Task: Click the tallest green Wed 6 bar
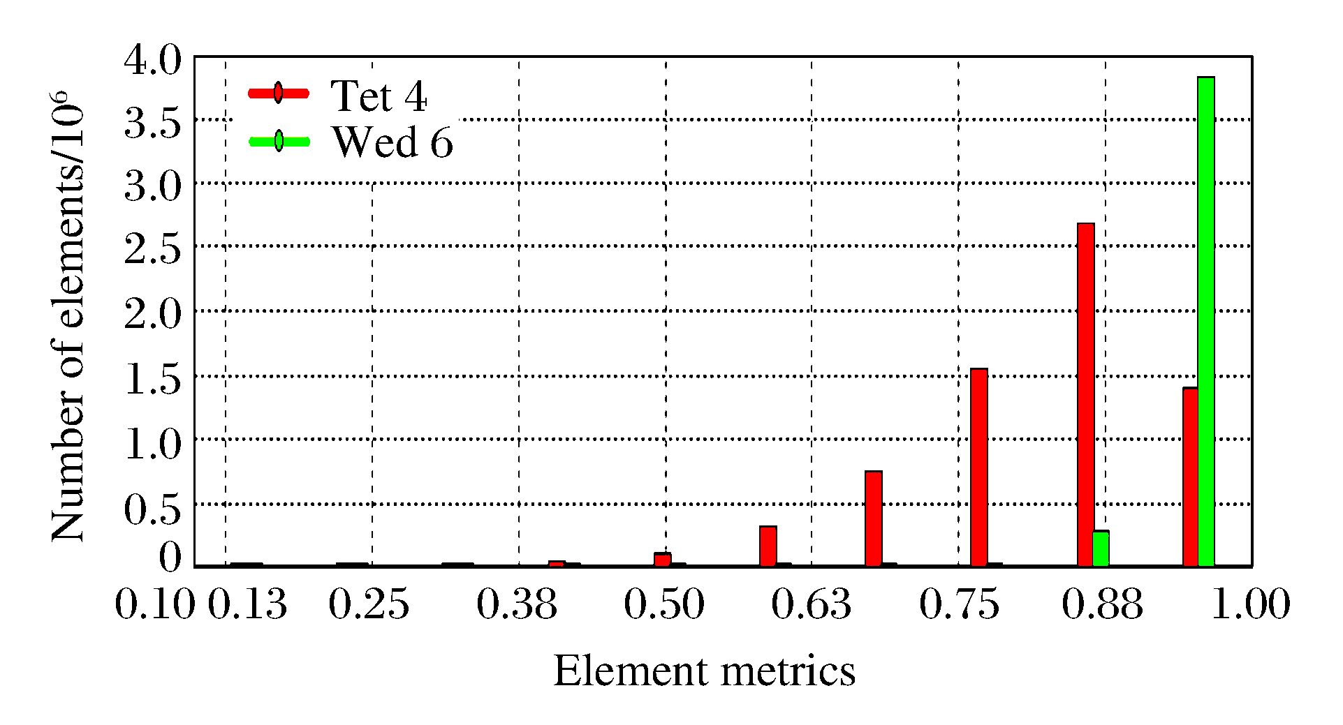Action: point(1205,321)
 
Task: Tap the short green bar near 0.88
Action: point(1101,548)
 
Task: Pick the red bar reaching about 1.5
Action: point(979,467)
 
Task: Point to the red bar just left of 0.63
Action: point(768,546)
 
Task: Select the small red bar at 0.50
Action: point(662,559)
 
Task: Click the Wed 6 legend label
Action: point(392,142)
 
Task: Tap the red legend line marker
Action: point(279,93)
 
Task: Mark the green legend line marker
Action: point(279,141)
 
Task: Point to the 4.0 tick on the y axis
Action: point(152,61)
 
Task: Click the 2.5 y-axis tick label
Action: point(152,248)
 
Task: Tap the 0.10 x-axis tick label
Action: point(154,604)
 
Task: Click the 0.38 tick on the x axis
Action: point(517,604)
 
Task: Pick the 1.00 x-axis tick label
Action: point(1250,604)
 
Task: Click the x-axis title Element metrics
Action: point(704,671)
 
